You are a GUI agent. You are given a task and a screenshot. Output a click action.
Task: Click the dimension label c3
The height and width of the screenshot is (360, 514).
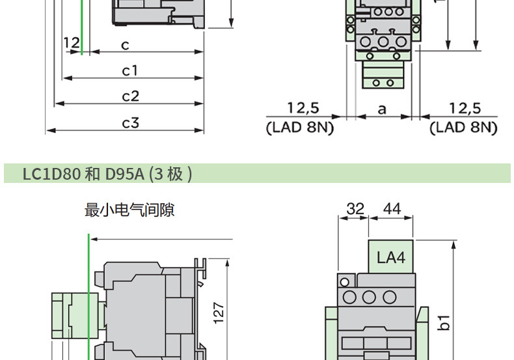tap(131, 122)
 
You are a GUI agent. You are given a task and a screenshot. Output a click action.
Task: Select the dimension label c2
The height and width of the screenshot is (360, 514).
tap(131, 96)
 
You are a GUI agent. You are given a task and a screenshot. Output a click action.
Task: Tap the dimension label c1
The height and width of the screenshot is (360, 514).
tap(130, 70)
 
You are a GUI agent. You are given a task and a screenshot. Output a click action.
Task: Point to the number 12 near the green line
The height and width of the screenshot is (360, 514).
tap(72, 44)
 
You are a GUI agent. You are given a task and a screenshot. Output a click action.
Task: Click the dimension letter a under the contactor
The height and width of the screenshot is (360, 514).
tap(382, 109)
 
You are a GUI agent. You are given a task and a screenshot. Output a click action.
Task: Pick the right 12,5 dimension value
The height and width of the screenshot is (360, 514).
tap(465, 108)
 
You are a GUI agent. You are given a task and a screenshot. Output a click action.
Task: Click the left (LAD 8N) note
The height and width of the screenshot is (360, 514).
tap(300, 127)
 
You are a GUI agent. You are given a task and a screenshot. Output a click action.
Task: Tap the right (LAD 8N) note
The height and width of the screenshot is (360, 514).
tap(463, 127)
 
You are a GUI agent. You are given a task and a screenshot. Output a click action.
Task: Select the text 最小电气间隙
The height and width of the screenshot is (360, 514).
tap(129, 210)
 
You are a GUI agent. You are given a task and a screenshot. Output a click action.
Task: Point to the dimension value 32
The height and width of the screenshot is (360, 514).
tap(355, 209)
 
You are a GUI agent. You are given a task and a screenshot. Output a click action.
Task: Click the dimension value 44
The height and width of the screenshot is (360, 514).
tap(392, 209)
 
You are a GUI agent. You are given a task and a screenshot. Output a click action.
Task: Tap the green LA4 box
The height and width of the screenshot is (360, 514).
tap(390, 257)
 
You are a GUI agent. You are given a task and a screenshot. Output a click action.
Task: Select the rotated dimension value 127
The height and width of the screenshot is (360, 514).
tap(219, 312)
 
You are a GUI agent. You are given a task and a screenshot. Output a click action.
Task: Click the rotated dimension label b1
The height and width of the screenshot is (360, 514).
tap(444, 322)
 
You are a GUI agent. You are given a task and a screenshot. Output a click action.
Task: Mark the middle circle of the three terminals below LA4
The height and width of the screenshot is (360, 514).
tap(370, 298)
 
